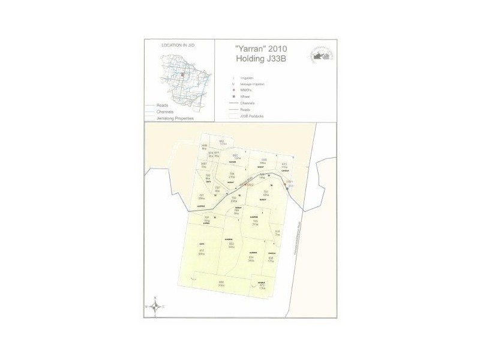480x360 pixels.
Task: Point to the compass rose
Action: pos(155,306)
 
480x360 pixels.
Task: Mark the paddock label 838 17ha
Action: pos(271,259)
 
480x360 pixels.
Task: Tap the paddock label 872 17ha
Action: pos(261,287)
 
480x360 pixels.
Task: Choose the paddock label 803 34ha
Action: pos(230,245)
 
